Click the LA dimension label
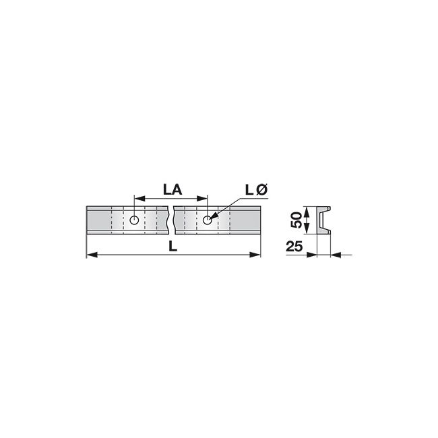tap(173, 190)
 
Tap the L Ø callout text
tap(257, 190)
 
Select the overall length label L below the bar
tap(173, 246)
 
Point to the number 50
tap(296, 220)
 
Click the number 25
tap(294, 247)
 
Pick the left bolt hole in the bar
tap(134, 220)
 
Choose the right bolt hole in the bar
tap(208, 220)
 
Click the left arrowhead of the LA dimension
tap(139, 199)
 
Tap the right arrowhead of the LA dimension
tap(202, 199)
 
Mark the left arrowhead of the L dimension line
tap(92, 255)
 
